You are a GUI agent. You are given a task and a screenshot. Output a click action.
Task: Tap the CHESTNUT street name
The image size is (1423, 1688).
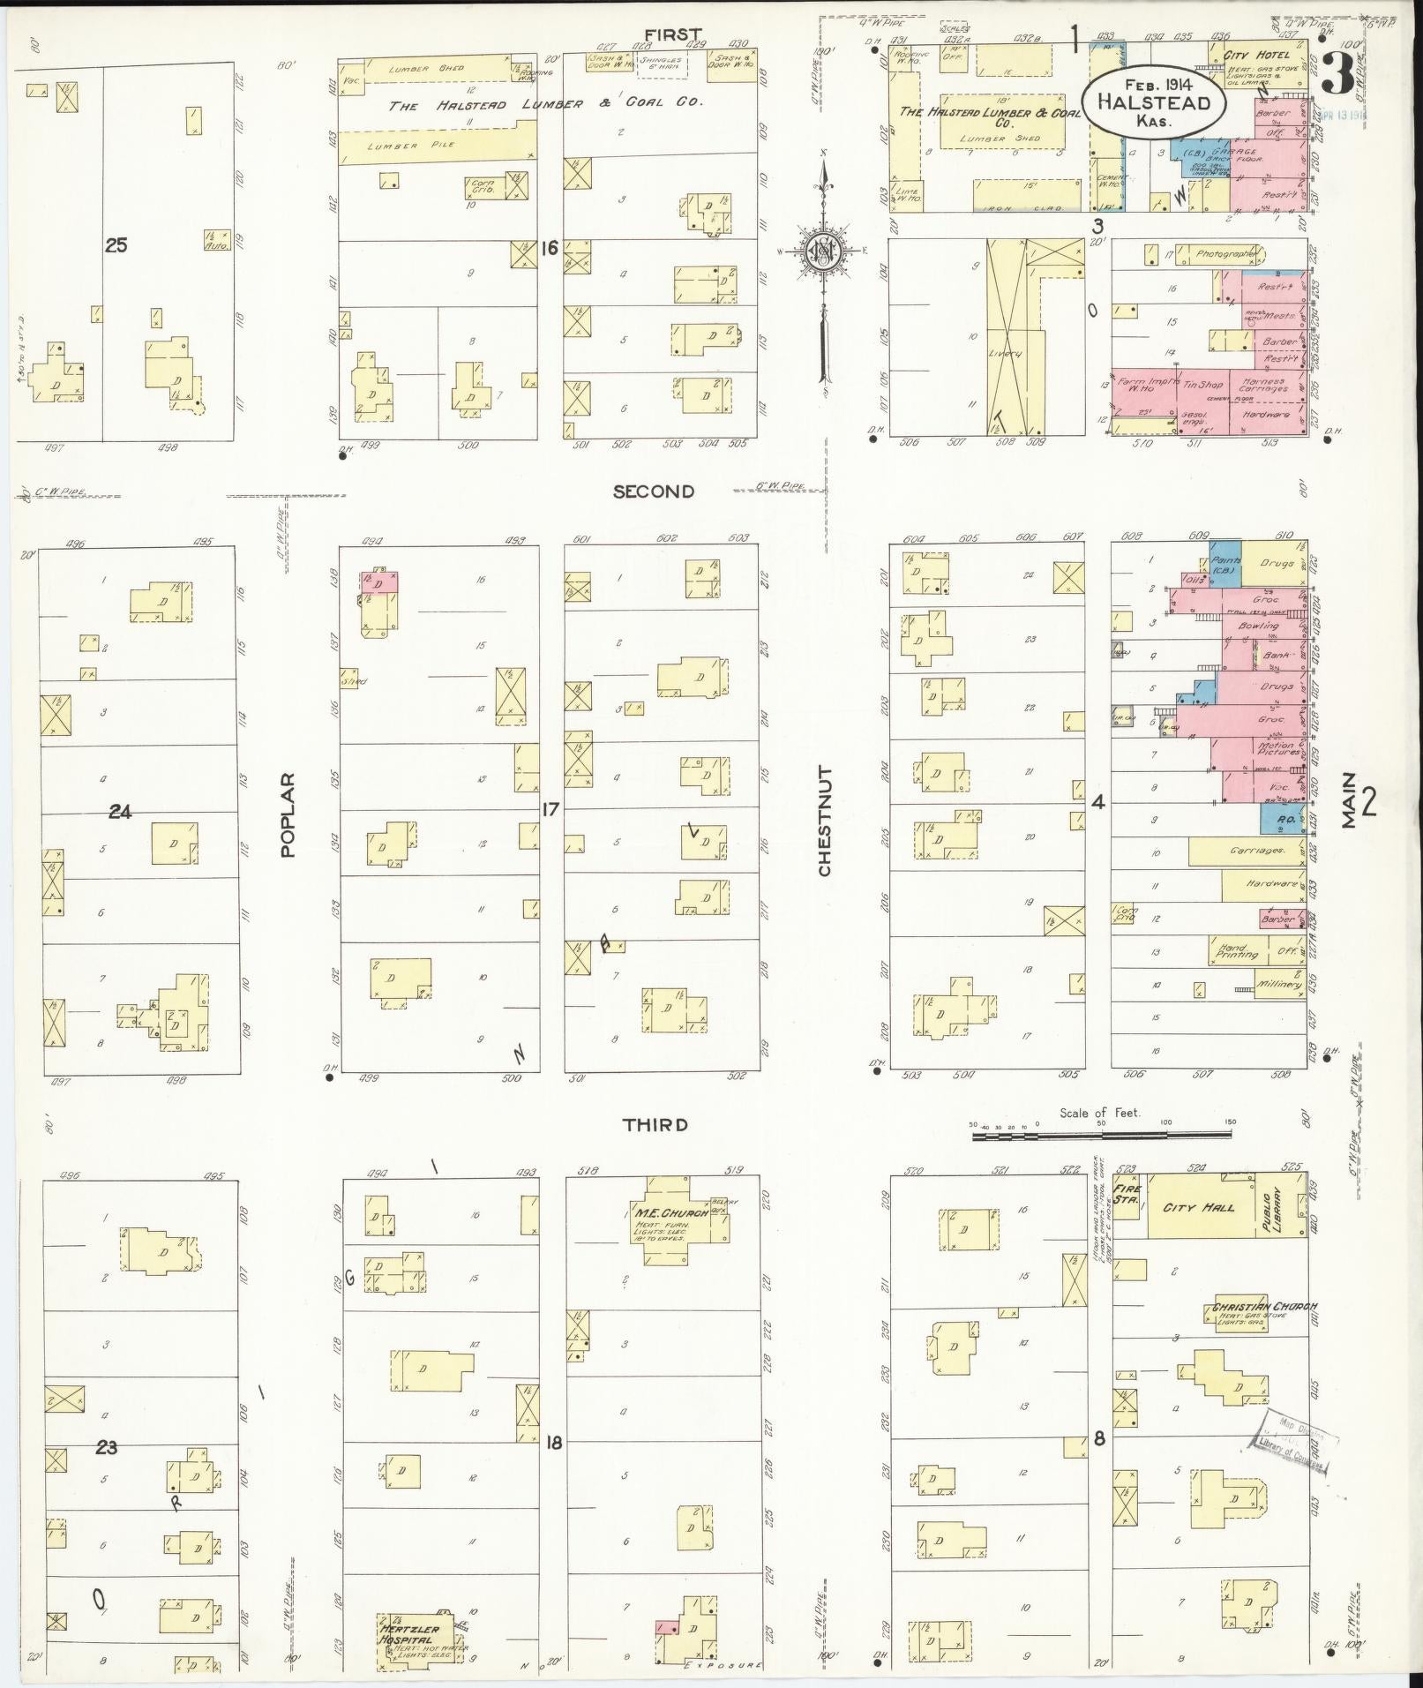(825, 821)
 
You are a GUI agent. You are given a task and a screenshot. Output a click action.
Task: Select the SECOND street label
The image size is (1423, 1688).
(654, 491)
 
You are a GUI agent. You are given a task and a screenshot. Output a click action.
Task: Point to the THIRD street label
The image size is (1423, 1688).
(655, 1125)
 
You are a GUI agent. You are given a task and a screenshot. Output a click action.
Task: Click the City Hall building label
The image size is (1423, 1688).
(1198, 1207)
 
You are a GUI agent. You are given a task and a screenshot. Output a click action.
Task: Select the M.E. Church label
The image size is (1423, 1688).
(670, 1212)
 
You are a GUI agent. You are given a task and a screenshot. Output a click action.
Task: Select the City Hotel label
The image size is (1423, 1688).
(1256, 56)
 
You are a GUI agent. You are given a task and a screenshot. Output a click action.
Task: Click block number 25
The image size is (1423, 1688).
(116, 245)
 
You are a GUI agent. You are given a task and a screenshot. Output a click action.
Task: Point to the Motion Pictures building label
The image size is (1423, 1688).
(1276, 749)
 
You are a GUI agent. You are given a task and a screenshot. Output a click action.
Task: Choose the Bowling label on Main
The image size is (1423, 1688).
(1258, 626)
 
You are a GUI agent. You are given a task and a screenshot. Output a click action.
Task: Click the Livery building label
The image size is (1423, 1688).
(1004, 353)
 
